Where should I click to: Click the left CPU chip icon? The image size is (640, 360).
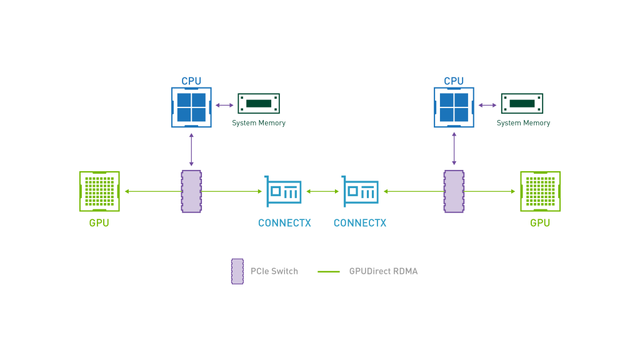(191, 107)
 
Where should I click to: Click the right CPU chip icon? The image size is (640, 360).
(454, 107)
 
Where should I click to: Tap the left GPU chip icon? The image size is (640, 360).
(99, 191)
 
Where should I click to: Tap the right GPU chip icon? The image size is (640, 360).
(541, 191)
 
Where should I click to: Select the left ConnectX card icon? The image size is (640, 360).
(283, 191)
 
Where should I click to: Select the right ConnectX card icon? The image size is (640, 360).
(360, 191)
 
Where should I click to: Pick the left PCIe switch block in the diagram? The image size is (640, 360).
(191, 191)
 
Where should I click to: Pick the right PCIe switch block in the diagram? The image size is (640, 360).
(454, 191)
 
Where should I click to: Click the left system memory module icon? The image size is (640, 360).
(259, 104)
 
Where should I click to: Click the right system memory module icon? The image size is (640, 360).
(522, 104)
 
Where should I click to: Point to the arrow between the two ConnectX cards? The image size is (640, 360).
(322, 191)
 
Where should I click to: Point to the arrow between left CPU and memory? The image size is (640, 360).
(224, 105)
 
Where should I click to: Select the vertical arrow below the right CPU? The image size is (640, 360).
(454, 149)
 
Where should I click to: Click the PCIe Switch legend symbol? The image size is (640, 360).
(237, 271)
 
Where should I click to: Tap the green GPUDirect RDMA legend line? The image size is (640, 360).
(329, 271)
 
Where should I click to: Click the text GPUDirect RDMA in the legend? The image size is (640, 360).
(383, 271)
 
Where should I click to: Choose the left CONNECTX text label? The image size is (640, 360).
(284, 223)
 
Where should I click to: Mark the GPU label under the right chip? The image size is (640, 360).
(540, 223)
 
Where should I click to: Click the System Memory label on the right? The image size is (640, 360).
(523, 123)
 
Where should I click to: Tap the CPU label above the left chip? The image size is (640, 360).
(191, 81)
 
